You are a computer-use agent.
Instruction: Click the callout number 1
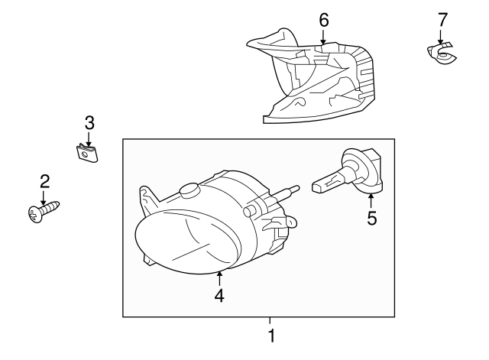[x=270, y=335]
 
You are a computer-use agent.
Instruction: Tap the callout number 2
[x=44, y=181]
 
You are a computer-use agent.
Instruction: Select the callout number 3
[x=89, y=122]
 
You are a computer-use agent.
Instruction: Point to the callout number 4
[x=219, y=295]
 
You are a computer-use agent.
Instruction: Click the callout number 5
[x=372, y=219]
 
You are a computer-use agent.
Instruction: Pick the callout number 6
[x=323, y=20]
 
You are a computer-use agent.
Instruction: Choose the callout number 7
[x=441, y=20]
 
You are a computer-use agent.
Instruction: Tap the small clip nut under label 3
[x=89, y=153]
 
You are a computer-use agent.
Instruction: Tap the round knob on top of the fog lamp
[x=188, y=190]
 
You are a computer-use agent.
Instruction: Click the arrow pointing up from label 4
[x=219, y=277]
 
